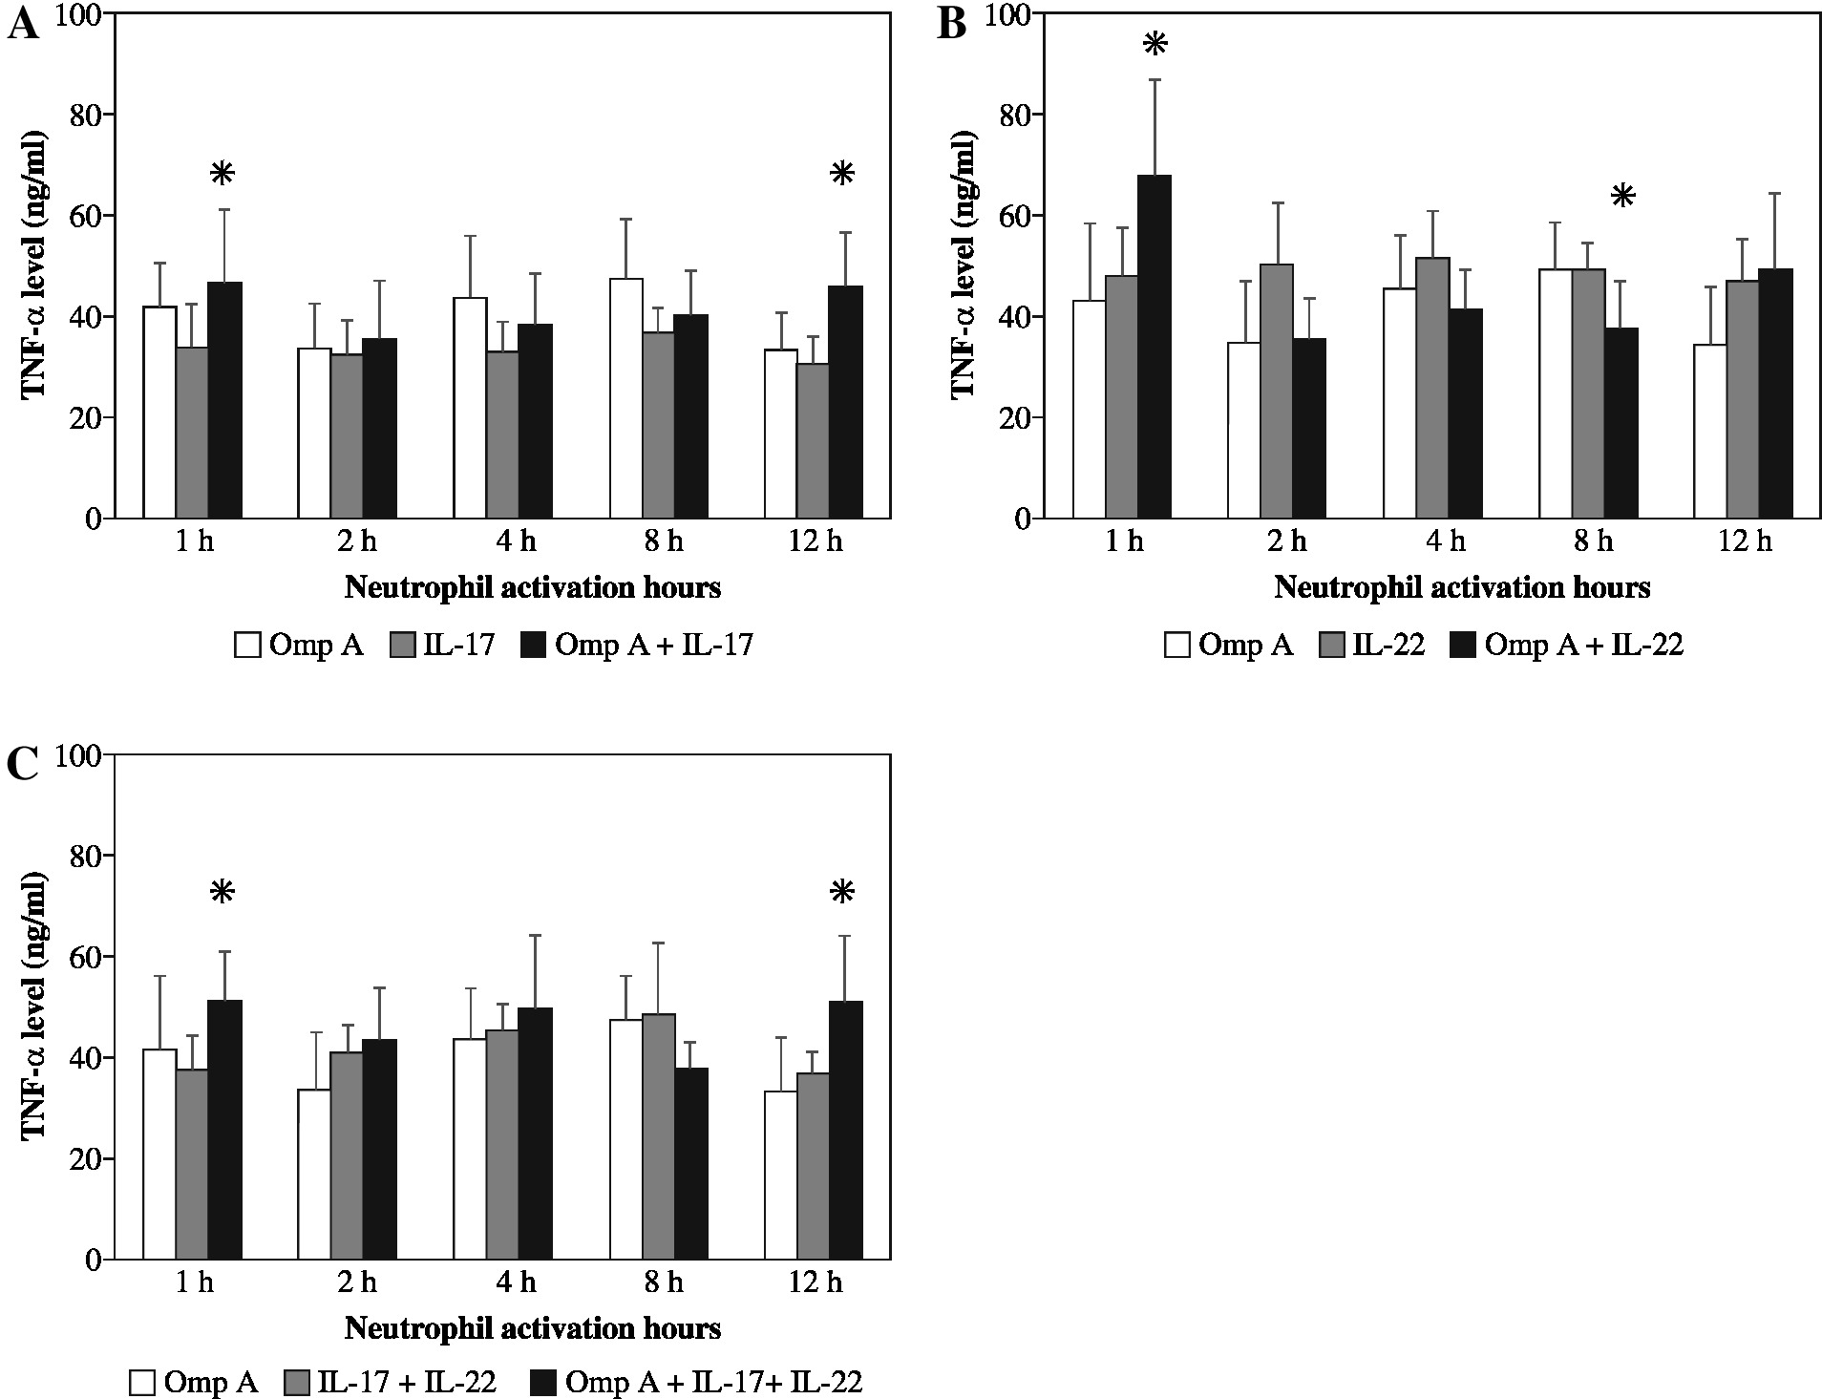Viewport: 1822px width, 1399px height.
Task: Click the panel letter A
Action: pyautogui.click(x=23, y=23)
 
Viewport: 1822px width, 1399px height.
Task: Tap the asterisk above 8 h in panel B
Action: pyautogui.click(x=1622, y=198)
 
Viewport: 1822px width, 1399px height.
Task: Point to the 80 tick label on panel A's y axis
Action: pyautogui.click(x=86, y=115)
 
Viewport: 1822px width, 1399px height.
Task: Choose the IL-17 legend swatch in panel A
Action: pyautogui.click(x=402, y=646)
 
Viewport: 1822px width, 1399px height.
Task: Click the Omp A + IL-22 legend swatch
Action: pyautogui.click(x=1462, y=646)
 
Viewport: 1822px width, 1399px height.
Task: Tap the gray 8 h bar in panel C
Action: pyautogui.click(x=658, y=1136)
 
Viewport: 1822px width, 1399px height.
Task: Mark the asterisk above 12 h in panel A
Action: pyautogui.click(x=842, y=174)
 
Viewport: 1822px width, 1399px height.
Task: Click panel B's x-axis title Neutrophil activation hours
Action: pyautogui.click(x=1462, y=586)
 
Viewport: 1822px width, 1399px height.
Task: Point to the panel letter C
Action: pyautogui.click(x=23, y=765)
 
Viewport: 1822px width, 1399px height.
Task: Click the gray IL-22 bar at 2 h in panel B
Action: pyautogui.click(x=1276, y=392)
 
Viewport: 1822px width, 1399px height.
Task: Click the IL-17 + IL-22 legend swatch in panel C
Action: pyautogui.click(x=297, y=1383)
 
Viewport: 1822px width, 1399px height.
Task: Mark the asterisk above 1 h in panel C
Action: pyautogui.click(x=222, y=893)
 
